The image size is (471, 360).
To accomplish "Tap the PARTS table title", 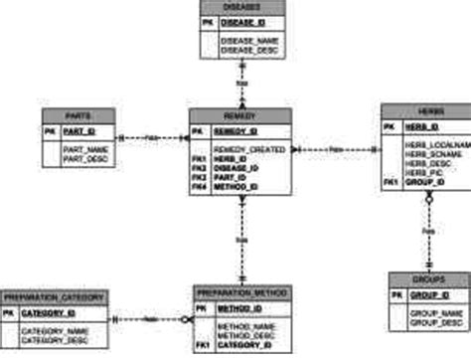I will (x=80, y=114).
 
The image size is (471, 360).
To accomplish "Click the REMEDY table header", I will (x=240, y=114).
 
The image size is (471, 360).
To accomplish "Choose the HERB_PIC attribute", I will (x=423, y=173).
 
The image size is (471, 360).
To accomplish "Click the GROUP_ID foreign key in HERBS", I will (x=424, y=183).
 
